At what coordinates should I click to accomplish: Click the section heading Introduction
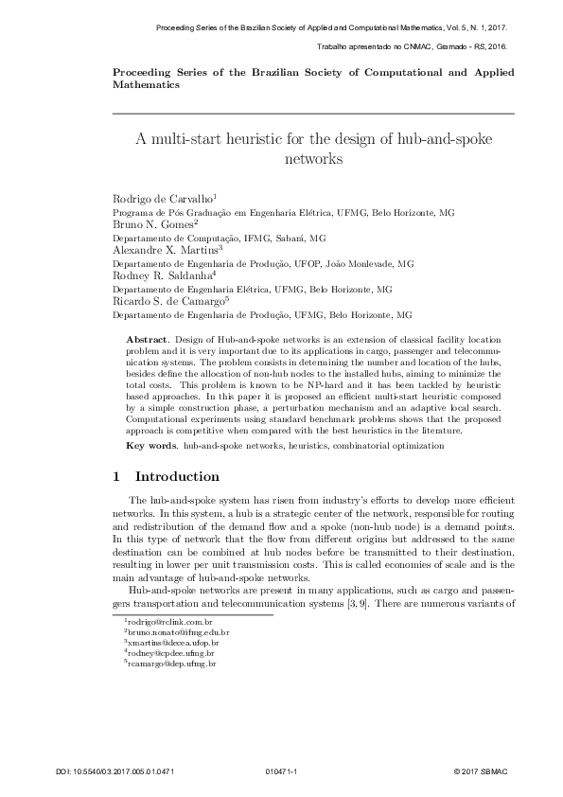point(178,475)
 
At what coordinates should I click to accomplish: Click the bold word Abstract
point(147,338)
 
